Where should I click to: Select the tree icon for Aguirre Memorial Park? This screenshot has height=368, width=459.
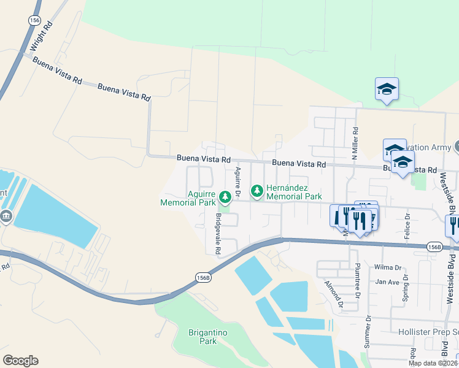(x=226, y=197)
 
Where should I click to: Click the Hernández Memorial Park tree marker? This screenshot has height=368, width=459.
(x=256, y=192)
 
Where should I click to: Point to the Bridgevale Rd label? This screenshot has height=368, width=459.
(x=217, y=235)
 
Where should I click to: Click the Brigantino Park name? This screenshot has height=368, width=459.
(x=209, y=337)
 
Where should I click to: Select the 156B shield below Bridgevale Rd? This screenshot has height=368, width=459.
(x=204, y=277)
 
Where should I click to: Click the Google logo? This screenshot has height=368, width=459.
(x=20, y=361)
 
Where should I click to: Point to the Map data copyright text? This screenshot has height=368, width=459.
(x=433, y=363)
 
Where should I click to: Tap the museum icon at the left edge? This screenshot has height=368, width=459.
(x=6, y=217)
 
